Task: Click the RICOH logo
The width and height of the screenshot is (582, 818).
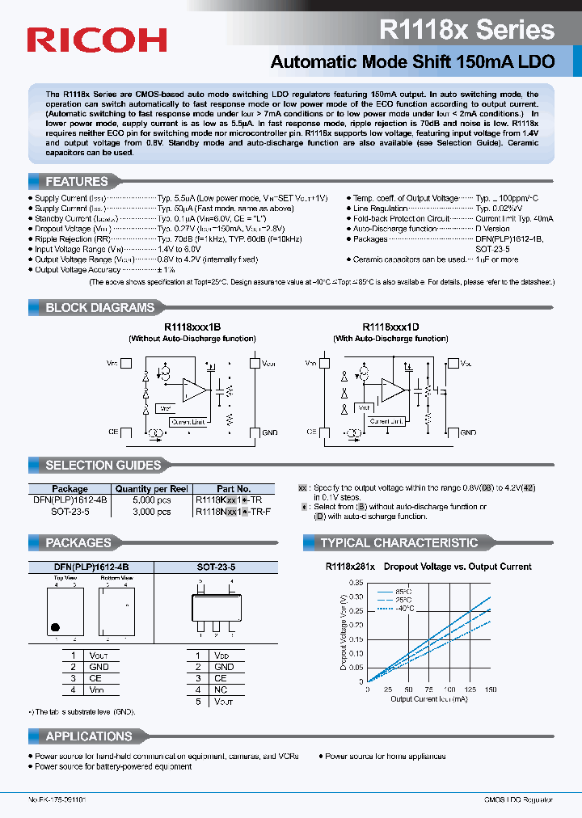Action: coord(97,40)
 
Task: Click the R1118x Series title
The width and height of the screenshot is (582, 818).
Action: coord(466,31)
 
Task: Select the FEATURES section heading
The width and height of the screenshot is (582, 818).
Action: coord(77,182)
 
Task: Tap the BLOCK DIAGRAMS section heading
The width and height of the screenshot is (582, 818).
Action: coord(99,308)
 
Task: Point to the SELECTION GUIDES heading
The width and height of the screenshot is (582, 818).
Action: coord(103,465)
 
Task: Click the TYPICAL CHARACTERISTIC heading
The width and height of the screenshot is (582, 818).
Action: coord(399,543)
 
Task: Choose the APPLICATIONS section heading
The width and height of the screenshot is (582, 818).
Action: coord(89,736)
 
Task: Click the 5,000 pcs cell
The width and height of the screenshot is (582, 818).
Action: coord(151,500)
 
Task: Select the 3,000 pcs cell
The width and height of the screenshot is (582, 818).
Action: coord(151,512)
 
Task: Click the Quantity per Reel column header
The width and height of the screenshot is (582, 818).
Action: coord(151,489)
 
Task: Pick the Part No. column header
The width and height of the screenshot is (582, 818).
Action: coord(234,489)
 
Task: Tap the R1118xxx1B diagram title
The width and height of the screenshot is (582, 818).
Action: coord(192,327)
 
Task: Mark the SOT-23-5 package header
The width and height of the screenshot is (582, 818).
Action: coord(216,568)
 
